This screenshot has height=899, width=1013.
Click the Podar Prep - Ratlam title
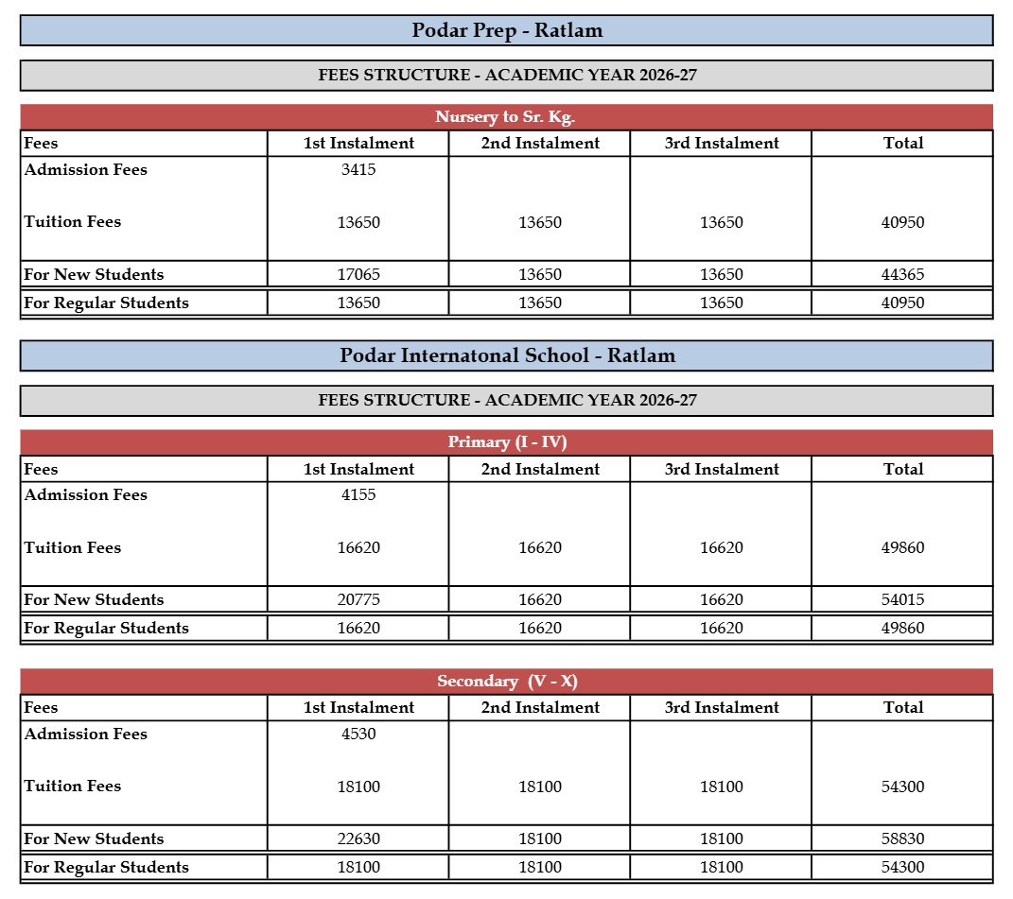(507, 30)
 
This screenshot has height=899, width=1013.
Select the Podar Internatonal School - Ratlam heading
(507, 356)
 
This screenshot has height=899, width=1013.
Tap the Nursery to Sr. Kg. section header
(505, 117)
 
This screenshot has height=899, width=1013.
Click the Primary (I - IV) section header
(507, 442)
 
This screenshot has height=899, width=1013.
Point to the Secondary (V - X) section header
(507, 682)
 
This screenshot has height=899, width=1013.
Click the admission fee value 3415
(358, 170)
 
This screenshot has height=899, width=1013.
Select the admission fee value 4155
(358, 495)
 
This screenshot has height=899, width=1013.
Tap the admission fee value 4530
(358, 735)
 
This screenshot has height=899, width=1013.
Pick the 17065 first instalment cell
(358, 275)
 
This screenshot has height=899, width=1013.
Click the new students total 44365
(902, 275)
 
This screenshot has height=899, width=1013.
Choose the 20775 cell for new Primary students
(358, 600)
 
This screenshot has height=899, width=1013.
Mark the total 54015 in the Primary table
(902, 600)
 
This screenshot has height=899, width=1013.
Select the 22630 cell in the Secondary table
(358, 839)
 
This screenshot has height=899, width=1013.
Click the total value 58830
(902, 839)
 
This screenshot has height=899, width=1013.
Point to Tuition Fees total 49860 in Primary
(902, 548)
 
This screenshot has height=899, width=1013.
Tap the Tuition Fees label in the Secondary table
(73, 787)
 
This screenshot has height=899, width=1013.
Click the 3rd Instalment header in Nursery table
(722, 144)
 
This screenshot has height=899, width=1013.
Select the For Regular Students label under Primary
(106, 629)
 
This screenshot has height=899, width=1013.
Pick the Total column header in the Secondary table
(902, 708)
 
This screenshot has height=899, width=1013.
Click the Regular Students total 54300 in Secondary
(902, 868)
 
